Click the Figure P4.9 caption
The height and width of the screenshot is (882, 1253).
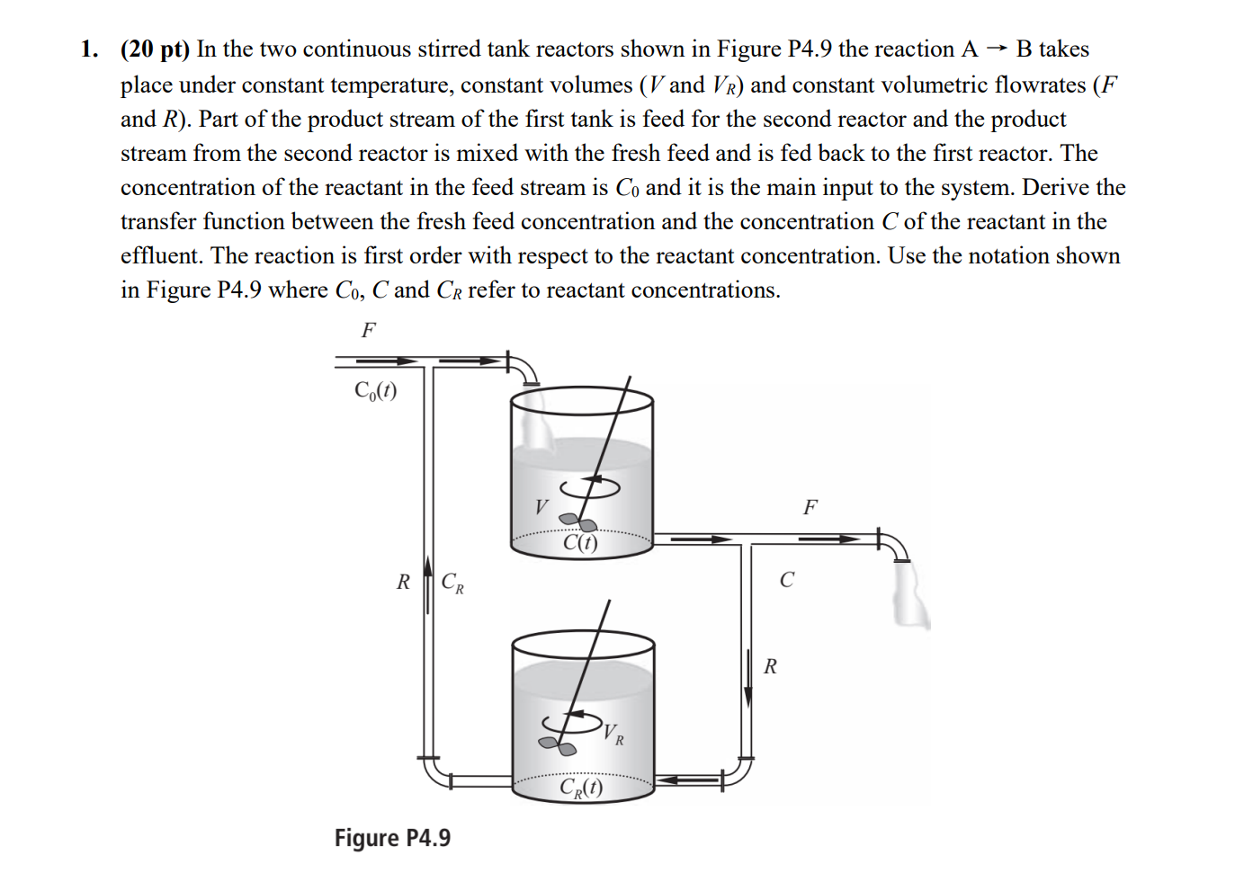coord(392,838)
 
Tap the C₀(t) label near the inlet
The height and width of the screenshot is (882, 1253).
coord(375,390)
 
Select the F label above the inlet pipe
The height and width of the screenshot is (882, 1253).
coord(368,330)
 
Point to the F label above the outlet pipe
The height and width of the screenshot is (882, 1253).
coord(810,507)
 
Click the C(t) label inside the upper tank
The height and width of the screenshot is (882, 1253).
coord(580,542)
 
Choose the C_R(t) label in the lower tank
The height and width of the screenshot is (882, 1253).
coord(581,788)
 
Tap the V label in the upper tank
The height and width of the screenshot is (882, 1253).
coord(541,507)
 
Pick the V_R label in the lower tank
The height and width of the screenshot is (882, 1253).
coord(613,734)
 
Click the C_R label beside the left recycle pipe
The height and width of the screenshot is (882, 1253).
coord(452,583)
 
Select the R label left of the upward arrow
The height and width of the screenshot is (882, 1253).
coord(403,583)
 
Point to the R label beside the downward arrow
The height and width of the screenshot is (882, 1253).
coord(770,666)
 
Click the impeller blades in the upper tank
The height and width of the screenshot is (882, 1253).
coord(577,521)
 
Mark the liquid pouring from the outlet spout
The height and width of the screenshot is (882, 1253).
coord(910,594)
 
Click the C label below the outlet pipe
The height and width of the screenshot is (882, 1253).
coord(787,580)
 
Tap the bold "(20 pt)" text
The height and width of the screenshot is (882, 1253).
coord(155,49)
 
